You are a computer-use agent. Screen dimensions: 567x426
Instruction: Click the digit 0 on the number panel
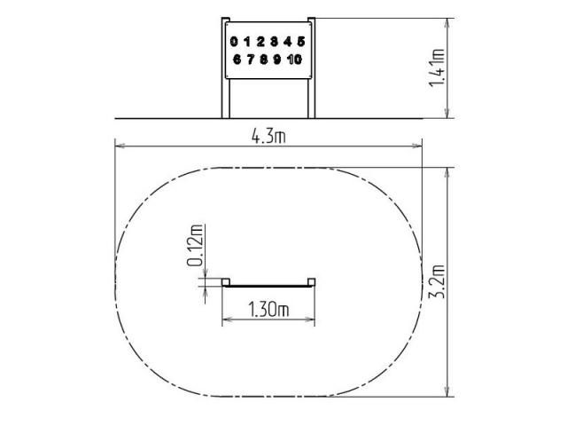point(234,42)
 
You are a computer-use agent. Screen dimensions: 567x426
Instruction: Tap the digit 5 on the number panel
point(301,42)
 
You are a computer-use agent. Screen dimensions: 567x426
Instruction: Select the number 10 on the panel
point(294,59)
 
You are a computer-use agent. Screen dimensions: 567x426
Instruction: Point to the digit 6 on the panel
point(237,59)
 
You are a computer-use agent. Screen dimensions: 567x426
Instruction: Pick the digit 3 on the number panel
point(274,42)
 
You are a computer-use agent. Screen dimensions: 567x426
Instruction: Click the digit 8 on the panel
point(264,59)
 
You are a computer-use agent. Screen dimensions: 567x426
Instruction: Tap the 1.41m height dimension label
point(437,67)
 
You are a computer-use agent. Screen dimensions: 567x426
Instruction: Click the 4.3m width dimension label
point(268,137)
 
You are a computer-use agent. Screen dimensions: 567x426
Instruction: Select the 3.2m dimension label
point(437,282)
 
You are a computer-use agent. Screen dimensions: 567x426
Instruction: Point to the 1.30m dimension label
point(268,310)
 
